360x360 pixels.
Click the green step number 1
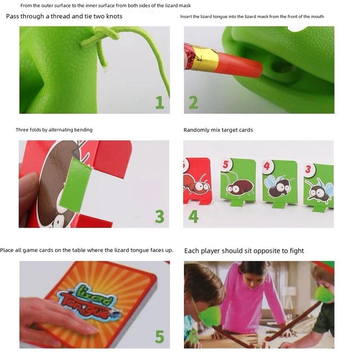click(159, 102)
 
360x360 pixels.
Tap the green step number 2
click(193, 102)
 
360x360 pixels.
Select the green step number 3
click(159, 216)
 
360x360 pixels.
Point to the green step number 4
click(193, 216)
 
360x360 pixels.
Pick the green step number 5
click(159, 337)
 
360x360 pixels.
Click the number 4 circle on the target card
click(268, 166)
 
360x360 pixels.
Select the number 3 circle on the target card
click(308, 170)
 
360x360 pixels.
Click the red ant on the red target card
click(195, 182)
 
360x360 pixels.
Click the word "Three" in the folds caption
click(22, 130)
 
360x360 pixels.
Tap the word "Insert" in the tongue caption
click(187, 17)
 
